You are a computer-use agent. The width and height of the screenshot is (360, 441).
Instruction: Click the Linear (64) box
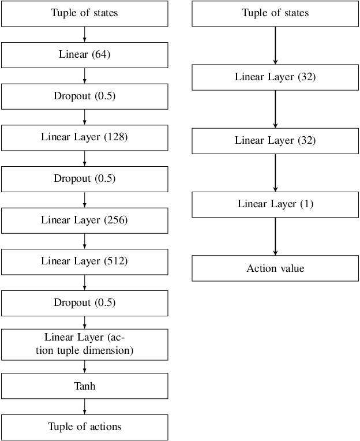(x=85, y=55)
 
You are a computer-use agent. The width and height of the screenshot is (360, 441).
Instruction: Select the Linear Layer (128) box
(x=85, y=137)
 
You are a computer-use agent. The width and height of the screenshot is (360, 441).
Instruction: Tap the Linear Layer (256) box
(x=85, y=220)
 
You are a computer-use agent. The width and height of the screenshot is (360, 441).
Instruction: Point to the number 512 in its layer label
(x=115, y=261)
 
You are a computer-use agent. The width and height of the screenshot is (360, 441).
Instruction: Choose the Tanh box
(x=85, y=386)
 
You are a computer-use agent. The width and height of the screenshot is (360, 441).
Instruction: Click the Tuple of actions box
(x=85, y=427)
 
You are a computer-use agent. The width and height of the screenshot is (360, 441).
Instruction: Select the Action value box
(x=275, y=268)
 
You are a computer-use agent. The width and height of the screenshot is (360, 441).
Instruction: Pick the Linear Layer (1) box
(x=275, y=204)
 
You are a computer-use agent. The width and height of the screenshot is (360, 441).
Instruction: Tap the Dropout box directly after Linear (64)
(x=85, y=96)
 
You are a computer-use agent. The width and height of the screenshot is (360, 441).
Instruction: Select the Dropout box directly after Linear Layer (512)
(x=85, y=302)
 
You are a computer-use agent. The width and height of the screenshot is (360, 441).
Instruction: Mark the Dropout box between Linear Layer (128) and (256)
(x=85, y=179)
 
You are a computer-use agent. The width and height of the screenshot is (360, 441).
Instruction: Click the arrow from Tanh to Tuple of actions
(x=85, y=406)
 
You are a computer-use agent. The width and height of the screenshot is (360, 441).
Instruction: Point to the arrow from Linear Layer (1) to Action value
(x=275, y=236)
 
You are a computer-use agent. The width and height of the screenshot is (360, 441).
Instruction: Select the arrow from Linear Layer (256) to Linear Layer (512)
(x=85, y=241)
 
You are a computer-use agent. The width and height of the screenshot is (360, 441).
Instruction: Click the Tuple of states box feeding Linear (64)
(x=85, y=13)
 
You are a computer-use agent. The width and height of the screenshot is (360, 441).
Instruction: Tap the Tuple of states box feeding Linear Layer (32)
(x=275, y=13)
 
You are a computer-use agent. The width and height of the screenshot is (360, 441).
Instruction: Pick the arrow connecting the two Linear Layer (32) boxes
(x=275, y=109)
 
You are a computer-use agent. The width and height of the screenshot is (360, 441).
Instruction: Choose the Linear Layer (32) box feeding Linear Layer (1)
(x=275, y=141)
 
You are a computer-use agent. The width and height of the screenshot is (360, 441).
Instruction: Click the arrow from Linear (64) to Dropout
(x=85, y=76)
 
